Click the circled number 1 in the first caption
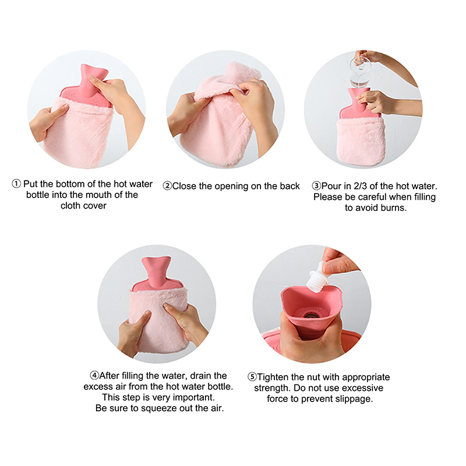click(16, 183)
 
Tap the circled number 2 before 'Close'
click(167, 186)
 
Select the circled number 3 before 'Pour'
click(316, 186)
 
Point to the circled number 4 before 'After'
click(94, 375)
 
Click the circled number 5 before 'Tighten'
click(252, 377)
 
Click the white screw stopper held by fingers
click(319, 276)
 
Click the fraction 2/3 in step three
click(360, 186)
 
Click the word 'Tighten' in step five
click(273, 377)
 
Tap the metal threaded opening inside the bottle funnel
click(312, 315)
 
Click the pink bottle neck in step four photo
click(156, 271)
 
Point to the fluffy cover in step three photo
click(361, 140)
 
